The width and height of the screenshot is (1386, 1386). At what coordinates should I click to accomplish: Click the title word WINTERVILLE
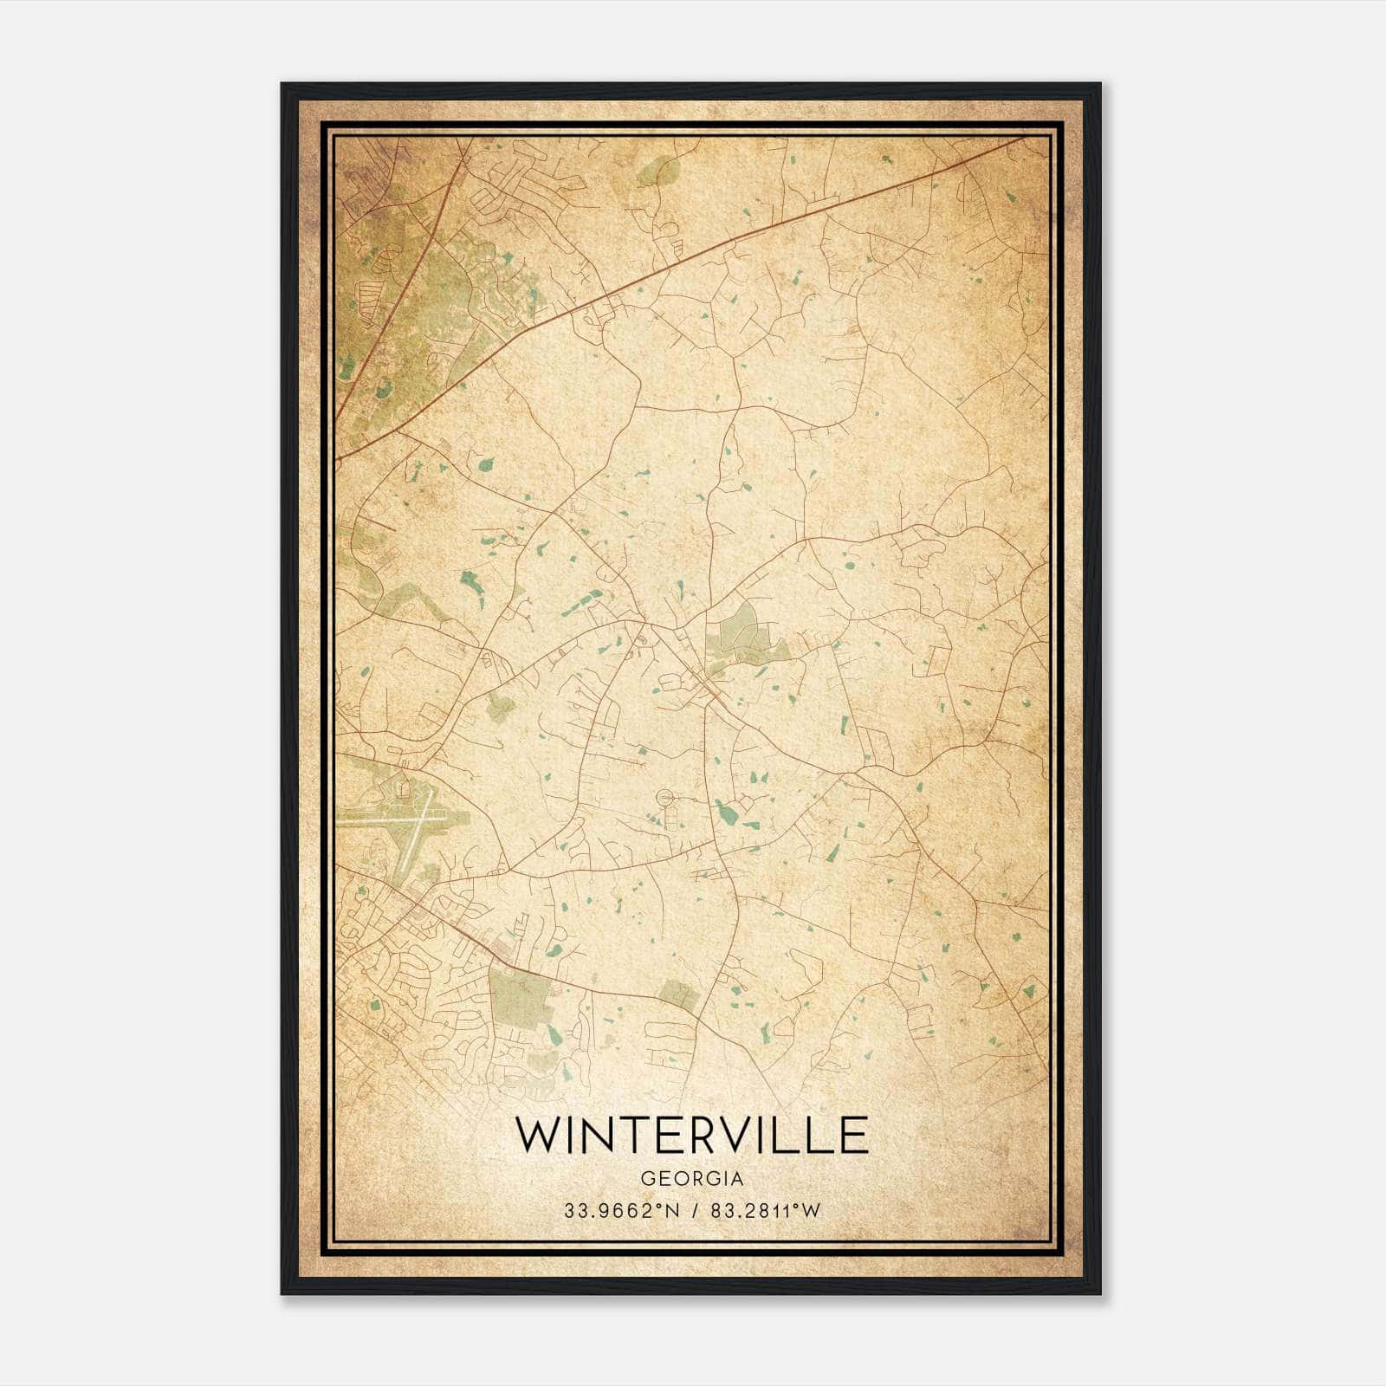[x=691, y=1135]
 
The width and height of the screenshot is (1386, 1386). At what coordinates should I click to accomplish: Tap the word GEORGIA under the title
[x=691, y=1179]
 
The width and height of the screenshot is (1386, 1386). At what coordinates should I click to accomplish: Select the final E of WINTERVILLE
[x=853, y=1135]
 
